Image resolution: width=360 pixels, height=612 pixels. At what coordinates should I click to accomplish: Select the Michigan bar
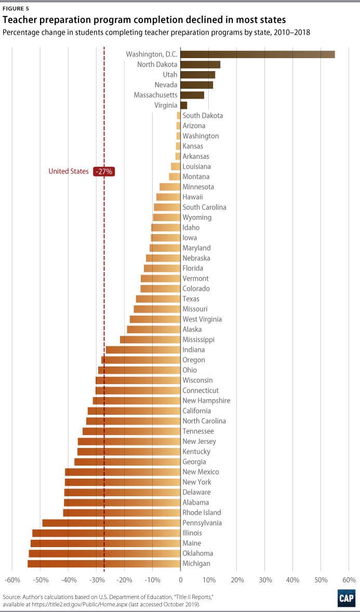click(x=104, y=563)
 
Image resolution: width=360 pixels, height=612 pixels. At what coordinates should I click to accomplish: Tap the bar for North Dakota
click(x=200, y=64)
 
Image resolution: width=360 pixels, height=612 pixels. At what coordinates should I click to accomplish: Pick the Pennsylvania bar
click(x=111, y=523)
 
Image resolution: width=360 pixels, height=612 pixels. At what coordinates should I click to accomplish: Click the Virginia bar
click(x=183, y=105)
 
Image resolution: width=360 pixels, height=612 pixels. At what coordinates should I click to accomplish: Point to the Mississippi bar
click(x=150, y=339)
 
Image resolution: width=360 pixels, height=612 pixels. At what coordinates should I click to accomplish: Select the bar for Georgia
click(x=127, y=461)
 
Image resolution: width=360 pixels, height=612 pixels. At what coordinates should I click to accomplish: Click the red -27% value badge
click(x=103, y=171)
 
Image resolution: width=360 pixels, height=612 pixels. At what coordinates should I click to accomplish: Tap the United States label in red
click(x=69, y=171)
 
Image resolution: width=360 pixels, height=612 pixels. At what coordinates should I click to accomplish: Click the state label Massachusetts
click(x=155, y=95)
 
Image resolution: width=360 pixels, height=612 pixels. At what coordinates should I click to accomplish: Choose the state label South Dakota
click(x=203, y=115)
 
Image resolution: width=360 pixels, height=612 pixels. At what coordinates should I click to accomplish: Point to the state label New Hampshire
click(x=206, y=400)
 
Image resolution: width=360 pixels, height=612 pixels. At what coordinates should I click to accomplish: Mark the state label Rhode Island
click(x=202, y=512)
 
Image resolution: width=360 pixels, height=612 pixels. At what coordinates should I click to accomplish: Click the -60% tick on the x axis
click(x=12, y=579)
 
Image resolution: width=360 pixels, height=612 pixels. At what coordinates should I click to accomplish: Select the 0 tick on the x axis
click(x=180, y=579)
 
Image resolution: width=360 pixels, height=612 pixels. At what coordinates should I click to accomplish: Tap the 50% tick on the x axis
click(x=321, y=579)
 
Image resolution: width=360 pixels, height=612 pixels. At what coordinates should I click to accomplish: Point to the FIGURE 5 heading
click(x=16, y=8)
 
